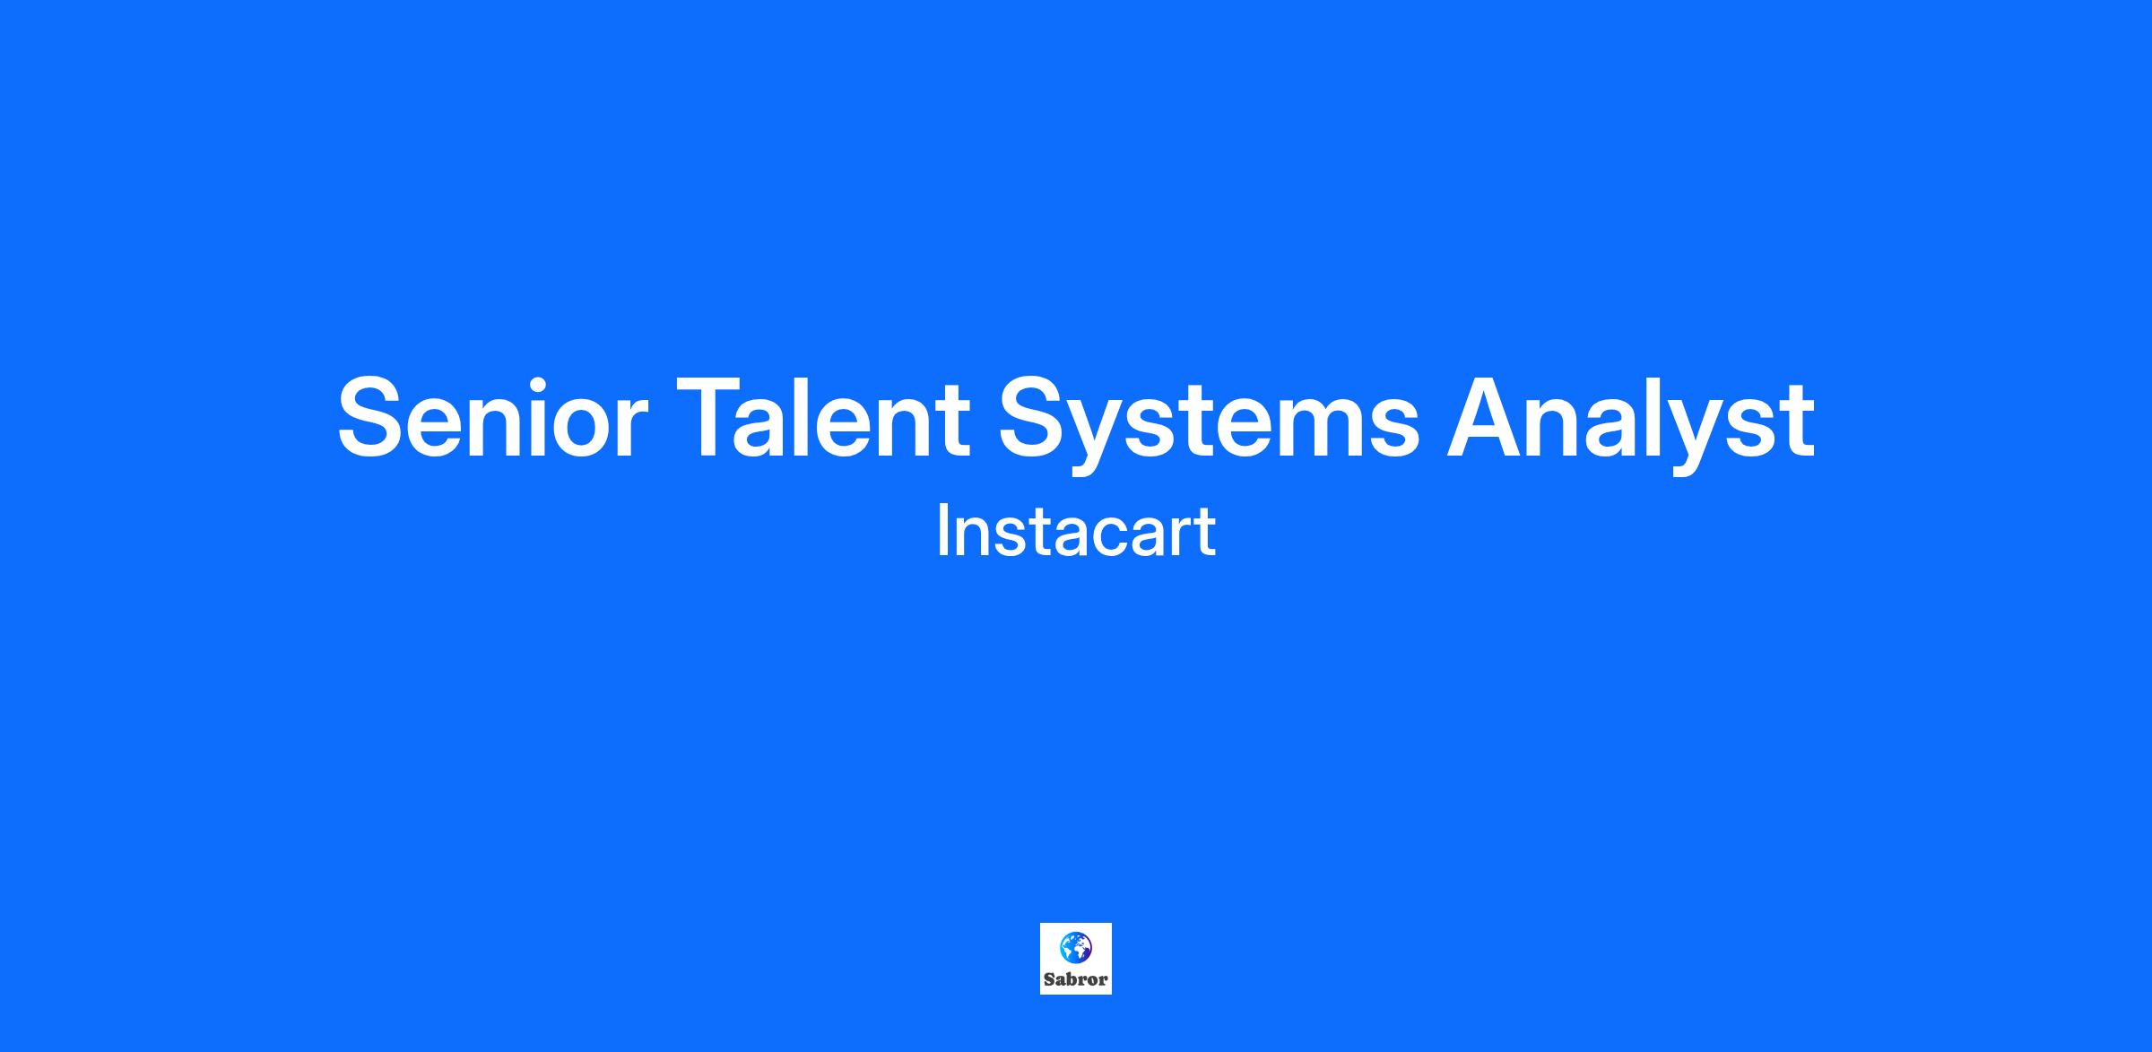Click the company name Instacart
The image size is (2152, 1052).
click(1076, 531)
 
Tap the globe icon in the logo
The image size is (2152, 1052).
click(1075, 947)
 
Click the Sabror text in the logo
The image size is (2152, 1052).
click(1076, 979)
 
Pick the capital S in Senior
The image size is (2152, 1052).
click(374, 418)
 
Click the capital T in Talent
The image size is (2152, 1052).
click(714, 418)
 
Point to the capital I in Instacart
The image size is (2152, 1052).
click(941, 531)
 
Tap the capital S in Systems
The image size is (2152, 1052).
click(1037, 418)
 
